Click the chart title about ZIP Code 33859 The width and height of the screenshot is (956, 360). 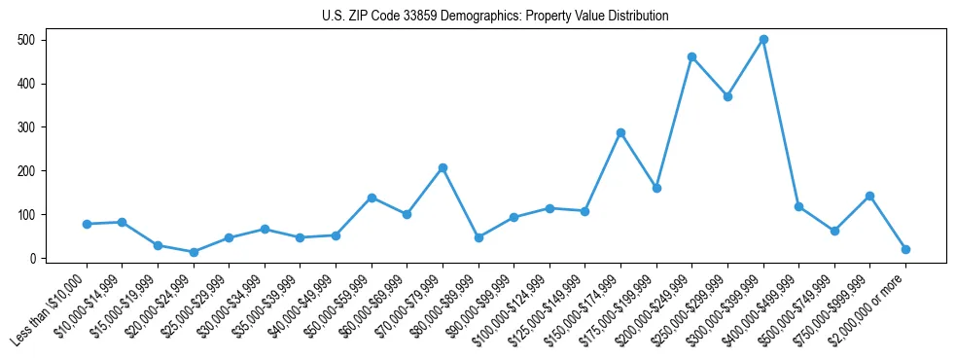[495, 17]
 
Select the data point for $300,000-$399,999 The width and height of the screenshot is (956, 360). [763, 40]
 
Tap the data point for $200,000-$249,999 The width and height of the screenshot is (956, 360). [691, 57]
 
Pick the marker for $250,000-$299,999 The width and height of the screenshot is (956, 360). [727, 96]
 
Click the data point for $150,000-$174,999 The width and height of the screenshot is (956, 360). [620, 132]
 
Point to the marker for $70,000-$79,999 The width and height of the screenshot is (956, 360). [443, 167]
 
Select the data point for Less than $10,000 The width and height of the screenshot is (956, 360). [87, 224]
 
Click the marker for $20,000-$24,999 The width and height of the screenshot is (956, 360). [194, 252]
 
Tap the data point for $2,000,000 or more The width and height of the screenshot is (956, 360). [905, 249]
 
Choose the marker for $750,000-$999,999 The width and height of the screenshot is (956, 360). [869, 197]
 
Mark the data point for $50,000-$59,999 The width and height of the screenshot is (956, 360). [372, 198]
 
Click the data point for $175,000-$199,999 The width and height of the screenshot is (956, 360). [656, 188]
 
